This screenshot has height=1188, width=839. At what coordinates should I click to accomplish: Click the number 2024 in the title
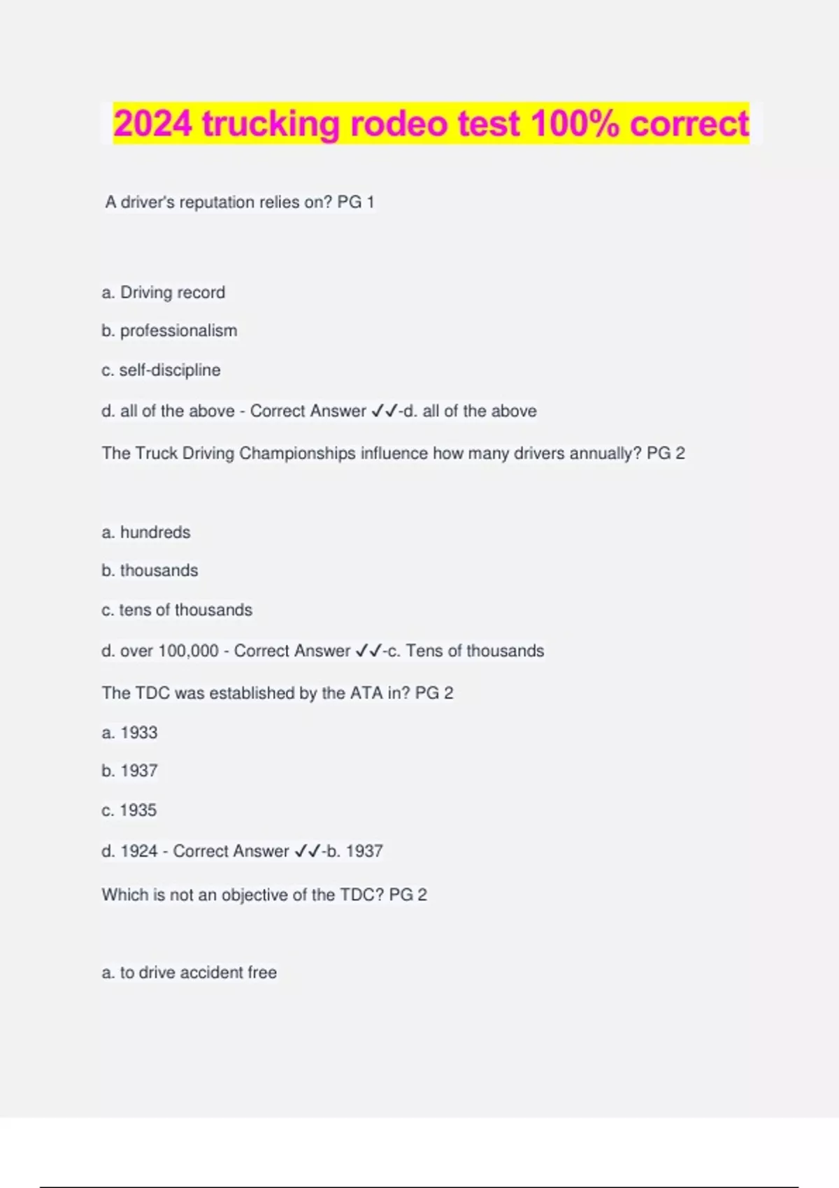152,124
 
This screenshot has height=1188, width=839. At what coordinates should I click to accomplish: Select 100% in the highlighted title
575,124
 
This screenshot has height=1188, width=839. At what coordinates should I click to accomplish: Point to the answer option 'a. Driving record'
164,292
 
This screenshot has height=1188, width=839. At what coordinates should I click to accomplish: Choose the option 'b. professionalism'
169,331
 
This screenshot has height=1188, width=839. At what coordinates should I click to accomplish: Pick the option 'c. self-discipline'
161,370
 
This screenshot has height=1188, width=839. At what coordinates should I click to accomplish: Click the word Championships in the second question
297,454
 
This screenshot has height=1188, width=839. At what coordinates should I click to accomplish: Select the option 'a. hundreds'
146,533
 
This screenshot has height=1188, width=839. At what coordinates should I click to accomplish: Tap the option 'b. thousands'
150,571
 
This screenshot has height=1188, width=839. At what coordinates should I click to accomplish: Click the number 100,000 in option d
188,651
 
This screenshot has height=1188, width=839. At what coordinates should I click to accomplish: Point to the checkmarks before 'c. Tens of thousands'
368,651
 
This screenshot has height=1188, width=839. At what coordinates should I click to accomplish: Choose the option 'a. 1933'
130,732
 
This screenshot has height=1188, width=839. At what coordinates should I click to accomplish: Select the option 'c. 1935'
129,811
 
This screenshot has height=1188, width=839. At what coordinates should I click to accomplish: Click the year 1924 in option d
139,851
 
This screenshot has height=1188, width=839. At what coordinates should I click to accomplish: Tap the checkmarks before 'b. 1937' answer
308,851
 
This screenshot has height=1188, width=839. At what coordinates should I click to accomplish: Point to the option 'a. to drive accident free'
189,973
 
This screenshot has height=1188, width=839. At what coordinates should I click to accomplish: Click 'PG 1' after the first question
356,203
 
